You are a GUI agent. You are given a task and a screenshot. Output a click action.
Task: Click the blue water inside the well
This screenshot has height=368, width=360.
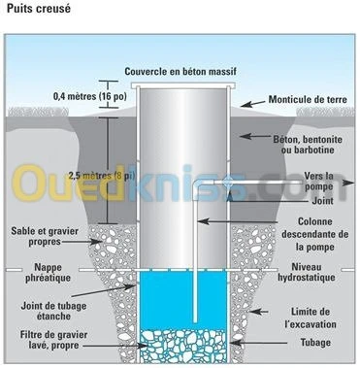click(x=165, y=301)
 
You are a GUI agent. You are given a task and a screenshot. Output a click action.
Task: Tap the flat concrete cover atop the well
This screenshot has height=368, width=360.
click(x=183, y=87)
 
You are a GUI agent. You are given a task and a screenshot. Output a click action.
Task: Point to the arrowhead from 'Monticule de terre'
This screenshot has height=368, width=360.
click(x=243, y=101)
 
